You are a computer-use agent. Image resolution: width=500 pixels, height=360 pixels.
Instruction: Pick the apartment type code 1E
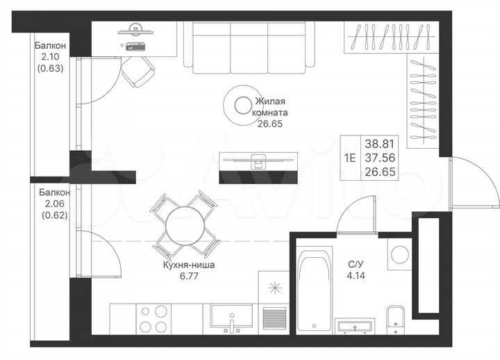[x=349, y=157]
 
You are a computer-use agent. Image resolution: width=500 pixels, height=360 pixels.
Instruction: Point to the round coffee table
[x=242, y=106]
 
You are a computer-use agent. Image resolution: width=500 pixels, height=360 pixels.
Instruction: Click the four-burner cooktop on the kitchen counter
[x=153, y=320]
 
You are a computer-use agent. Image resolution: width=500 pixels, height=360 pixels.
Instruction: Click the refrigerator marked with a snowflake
[x=274, y=288]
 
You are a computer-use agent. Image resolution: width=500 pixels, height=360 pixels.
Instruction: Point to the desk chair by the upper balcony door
[x=138, y=69]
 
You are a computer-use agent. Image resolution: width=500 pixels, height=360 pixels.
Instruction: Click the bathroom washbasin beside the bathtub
[x=356, y=326]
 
